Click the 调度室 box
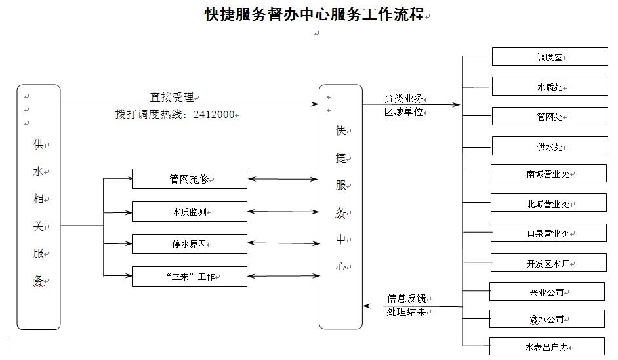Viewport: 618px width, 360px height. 550,56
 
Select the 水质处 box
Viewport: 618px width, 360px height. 550,87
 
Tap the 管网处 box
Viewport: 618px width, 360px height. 550,116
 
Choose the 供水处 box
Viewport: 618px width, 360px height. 550,146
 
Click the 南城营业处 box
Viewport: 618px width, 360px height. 548,173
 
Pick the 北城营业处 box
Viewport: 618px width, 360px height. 548,203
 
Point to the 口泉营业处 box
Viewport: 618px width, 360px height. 548,233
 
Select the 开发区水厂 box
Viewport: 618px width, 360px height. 548,263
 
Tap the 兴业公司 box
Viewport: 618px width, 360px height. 547,291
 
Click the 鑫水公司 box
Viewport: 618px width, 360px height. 547,319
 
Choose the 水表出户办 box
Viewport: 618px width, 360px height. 547,346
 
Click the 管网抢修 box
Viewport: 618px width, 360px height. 190,179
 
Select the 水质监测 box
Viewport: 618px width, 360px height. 190,212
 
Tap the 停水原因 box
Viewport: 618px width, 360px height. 190,244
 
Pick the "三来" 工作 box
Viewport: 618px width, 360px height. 190,277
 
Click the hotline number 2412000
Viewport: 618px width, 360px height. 214,115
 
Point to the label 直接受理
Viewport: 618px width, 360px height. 172,97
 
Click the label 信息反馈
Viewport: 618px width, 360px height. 406,298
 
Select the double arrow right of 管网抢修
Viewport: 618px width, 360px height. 283,179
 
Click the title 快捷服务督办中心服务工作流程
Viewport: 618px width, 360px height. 314,14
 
